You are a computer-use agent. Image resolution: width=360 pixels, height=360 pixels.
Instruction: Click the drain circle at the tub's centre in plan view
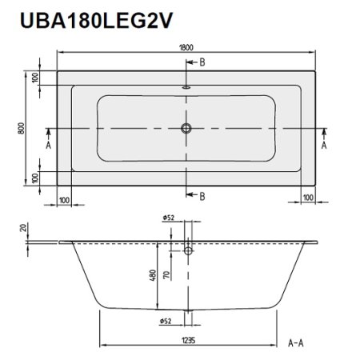point(187,128)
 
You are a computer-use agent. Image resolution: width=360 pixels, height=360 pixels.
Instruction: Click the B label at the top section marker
point(202,62)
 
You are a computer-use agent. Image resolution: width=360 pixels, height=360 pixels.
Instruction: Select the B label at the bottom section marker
point(202,196)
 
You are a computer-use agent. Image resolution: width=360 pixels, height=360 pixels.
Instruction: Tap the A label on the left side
point(48,146)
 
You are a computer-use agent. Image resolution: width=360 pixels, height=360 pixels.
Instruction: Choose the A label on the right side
point(324,146)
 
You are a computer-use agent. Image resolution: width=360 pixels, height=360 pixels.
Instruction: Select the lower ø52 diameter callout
point(168,322)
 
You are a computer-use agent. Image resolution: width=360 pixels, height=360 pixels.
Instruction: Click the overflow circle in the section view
point(188,250)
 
